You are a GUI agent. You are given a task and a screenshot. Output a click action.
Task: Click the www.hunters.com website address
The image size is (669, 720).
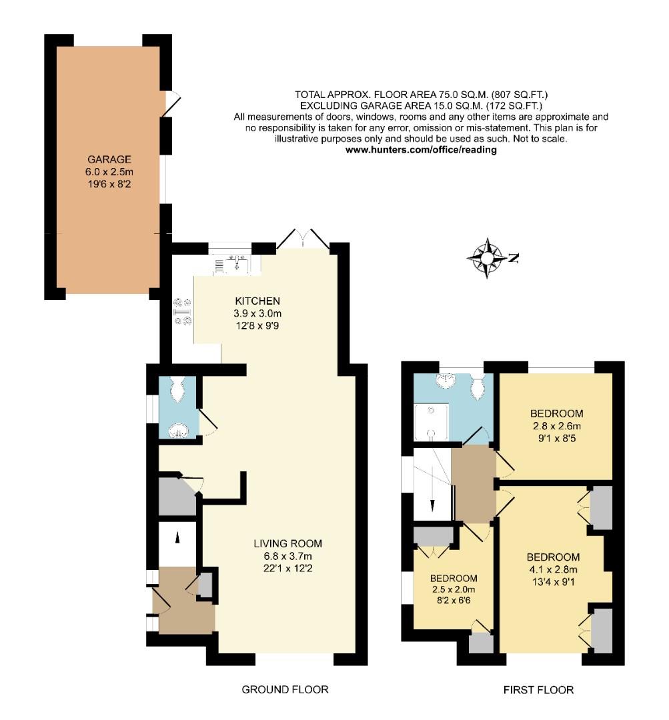point(421,150)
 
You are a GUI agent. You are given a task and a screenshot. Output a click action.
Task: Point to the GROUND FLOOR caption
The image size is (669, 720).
point(285,689)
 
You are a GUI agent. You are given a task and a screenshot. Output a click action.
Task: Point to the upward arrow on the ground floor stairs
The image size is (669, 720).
point(178,536)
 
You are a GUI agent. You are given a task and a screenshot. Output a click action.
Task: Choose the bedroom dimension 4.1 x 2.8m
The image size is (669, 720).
point(552,569)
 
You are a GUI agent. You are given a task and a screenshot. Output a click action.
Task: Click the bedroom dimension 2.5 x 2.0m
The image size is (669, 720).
point(453,589)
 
